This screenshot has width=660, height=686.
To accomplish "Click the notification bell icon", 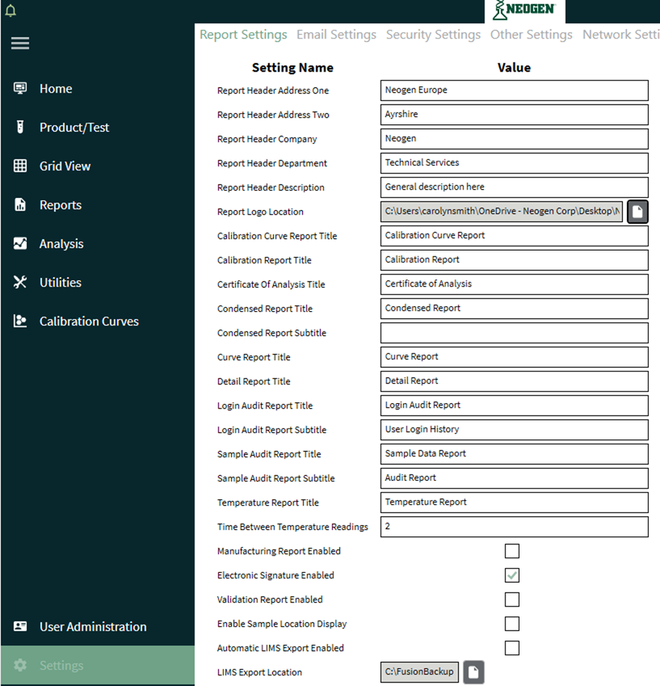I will pos(10,11).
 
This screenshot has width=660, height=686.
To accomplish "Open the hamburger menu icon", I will pos(20,44).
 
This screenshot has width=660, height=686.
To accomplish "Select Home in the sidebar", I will pos(55,88).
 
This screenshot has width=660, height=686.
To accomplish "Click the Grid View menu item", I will pos(65,166).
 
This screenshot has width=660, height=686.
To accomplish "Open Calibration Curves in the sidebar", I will pos(88,322).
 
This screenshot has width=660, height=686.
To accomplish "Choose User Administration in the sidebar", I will pos(93,627).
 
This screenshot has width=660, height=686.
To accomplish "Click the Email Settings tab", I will pos(336,34).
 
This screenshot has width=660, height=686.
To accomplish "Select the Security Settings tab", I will pos(433,34).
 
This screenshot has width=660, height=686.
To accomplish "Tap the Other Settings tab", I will pos(531,34).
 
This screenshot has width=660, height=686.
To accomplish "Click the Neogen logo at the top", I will pos(524,10).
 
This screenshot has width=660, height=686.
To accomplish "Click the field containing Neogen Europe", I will pos(514,91).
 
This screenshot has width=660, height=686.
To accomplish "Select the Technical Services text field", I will pos(514,163).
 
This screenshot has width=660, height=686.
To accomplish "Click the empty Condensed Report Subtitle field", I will pos(514,333).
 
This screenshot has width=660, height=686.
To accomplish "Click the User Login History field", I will pos(514,430).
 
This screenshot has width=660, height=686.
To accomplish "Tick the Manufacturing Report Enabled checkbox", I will pos(513,551).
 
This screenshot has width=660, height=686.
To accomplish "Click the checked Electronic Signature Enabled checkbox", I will pos(513,576).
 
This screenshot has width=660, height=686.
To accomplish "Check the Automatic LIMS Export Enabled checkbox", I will pos(513,648).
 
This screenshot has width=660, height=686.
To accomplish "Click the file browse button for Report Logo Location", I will pos(638,211).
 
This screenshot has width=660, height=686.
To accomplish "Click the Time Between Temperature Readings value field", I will pos(514,527).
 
